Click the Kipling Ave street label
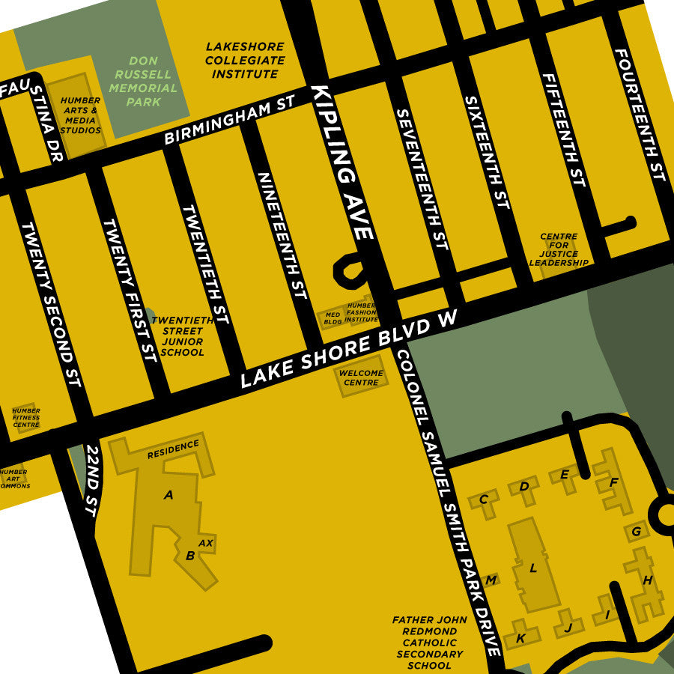point(342,163)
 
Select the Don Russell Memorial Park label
point(143,81)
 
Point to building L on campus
point(533,567)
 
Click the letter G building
point(637,532)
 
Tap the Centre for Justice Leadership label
point(559,249)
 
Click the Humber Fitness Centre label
point(26,417)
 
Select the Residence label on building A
point(173,449)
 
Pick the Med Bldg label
point(333,318)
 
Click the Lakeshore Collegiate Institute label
point(245,60)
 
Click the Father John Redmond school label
point(429,642)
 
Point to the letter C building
point(484,500)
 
